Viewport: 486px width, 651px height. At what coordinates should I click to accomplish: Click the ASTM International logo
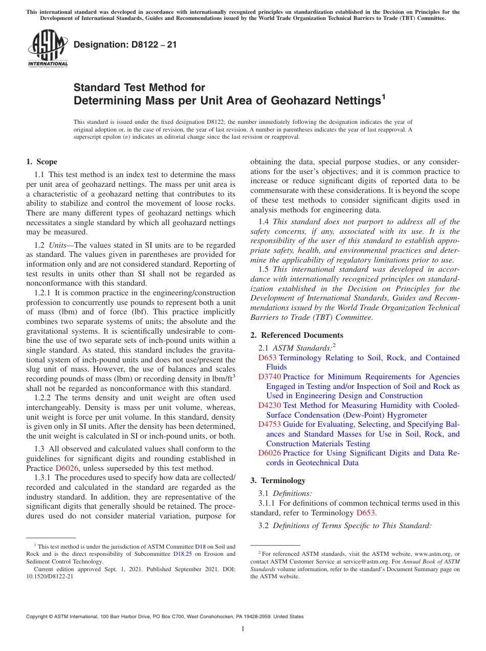click(x=48, y=49)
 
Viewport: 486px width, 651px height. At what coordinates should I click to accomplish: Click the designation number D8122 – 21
click(x=125, y=45)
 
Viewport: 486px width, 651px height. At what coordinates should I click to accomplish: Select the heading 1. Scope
click(x=41, y=162)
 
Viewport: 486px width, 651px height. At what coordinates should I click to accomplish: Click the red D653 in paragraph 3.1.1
click(x=366, y=513)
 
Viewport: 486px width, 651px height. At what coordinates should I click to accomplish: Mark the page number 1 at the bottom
click(x=243, y=629)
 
